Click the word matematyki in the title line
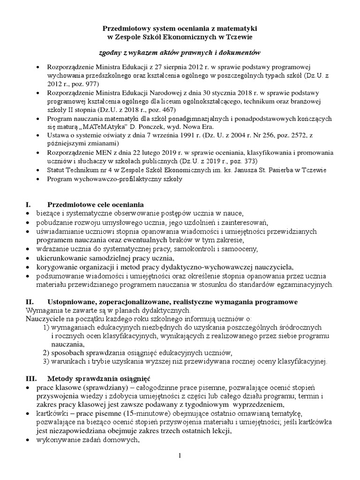tap(237, 29)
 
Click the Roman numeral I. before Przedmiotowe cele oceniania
tap(27, 205)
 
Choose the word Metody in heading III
tap(60, 378)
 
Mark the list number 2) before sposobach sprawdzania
tap(45, 352)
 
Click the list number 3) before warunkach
tap(45, 361)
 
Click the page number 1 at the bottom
tap(180, 456)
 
